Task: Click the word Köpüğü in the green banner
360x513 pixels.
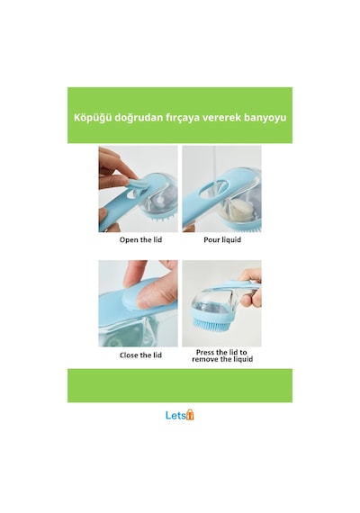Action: pyautogui.click(x=93, y=118)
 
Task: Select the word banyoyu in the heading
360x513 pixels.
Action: pyautogui.click(x=265, y=118)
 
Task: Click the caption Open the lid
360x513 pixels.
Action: pyautogui.click(x=140, y=239)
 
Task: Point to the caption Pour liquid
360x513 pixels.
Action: pyautogui.click(x=222, y=239)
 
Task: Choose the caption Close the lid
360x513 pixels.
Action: pyautogui.click(x=140, y=355)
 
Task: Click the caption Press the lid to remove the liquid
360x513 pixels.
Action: pyautogui.click(x=222, y=355)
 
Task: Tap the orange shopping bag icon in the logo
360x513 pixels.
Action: pyautogui.click(x=190, y=415)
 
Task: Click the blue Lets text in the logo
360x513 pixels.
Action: pyautogui.click(x=175, y=416)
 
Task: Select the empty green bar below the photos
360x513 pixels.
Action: pyautogui.click(x=180, y=385)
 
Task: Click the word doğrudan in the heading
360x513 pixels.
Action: pyautogui.click(x=138, y=118)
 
